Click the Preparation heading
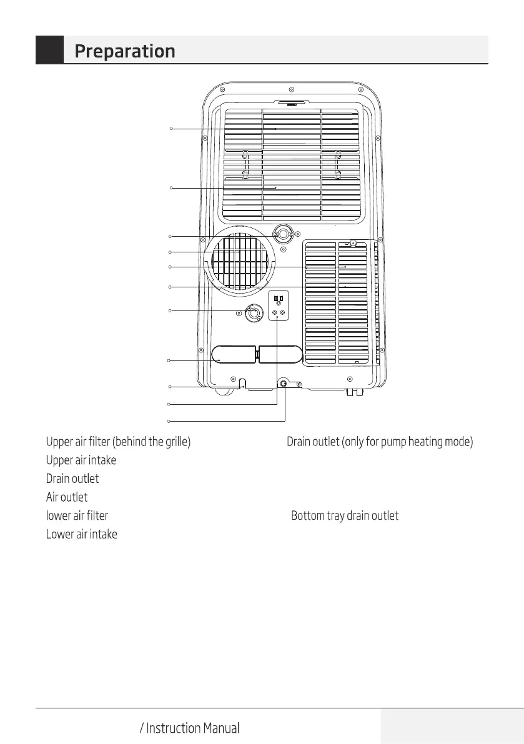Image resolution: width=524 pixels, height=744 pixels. click(x=125, y=51)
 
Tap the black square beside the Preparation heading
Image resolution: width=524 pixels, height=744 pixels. click(x=49, y=50)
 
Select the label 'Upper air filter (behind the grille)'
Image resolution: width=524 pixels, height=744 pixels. click(x=118, y=442)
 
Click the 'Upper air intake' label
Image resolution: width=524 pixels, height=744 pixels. click(x=81, y=460)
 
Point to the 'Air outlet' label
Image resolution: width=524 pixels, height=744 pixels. click(x=67, y=497)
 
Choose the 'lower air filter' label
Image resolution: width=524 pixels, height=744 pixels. click(x=77, y=516)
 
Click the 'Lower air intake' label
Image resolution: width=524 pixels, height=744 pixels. click(x=82, y=534)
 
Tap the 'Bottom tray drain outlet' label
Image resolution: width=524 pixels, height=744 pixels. click(x=345, y=516)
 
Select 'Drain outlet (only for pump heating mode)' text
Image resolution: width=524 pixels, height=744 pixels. click(x=380, y=442)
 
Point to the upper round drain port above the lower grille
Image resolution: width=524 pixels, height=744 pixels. click(x=284, y=234)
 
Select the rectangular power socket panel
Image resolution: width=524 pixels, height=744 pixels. click(x=279, y=305)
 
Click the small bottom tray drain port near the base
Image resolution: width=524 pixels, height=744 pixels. click(x=284, y=384)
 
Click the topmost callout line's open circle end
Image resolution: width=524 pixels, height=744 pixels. click(x=171, y=129)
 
